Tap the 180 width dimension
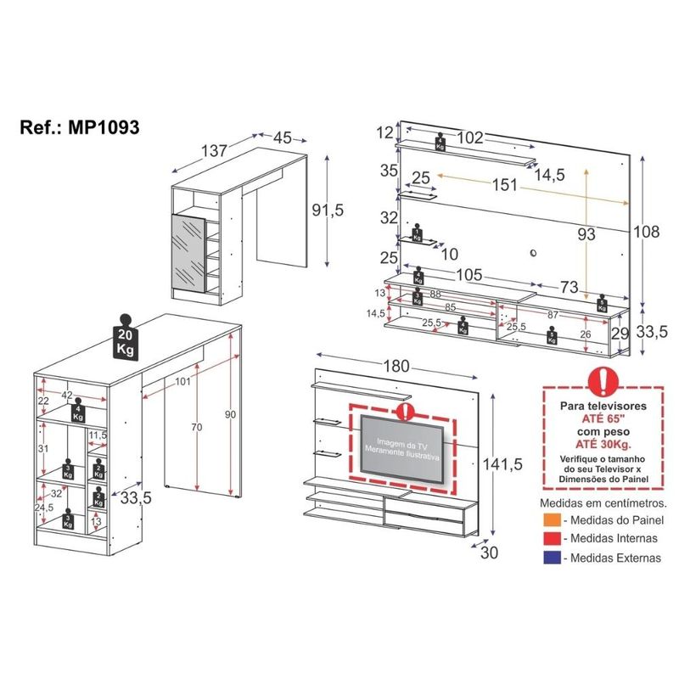click(x=396, y=366)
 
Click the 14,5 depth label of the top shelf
click(x=550, y=175)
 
